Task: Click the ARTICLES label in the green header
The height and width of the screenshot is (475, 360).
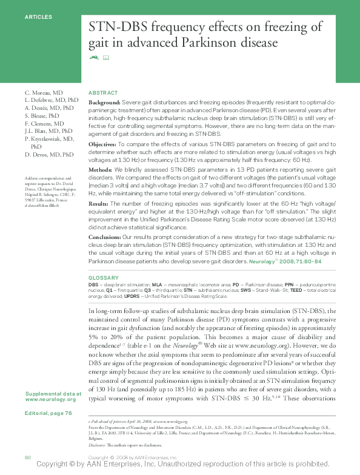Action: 38,17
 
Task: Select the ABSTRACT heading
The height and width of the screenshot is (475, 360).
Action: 103,92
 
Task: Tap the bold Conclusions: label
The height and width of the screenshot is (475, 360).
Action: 105,237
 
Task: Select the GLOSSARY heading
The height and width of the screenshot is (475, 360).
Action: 102,277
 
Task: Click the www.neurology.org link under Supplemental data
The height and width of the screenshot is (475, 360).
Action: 50,399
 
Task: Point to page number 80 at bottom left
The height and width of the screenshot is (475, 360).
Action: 27,456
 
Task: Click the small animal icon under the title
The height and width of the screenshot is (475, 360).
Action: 93,58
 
